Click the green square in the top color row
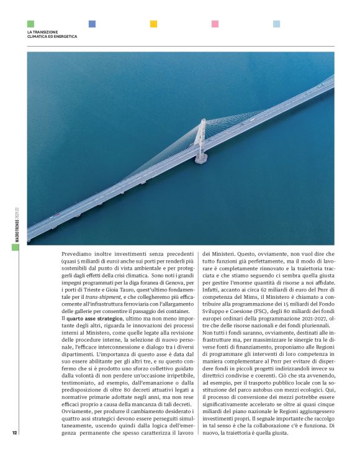pos(30,24)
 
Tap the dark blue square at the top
pos(92,24)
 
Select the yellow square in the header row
pos(153,24)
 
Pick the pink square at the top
pos(215,24)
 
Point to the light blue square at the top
pos(276,24)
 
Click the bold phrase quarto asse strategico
pos(95,318)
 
